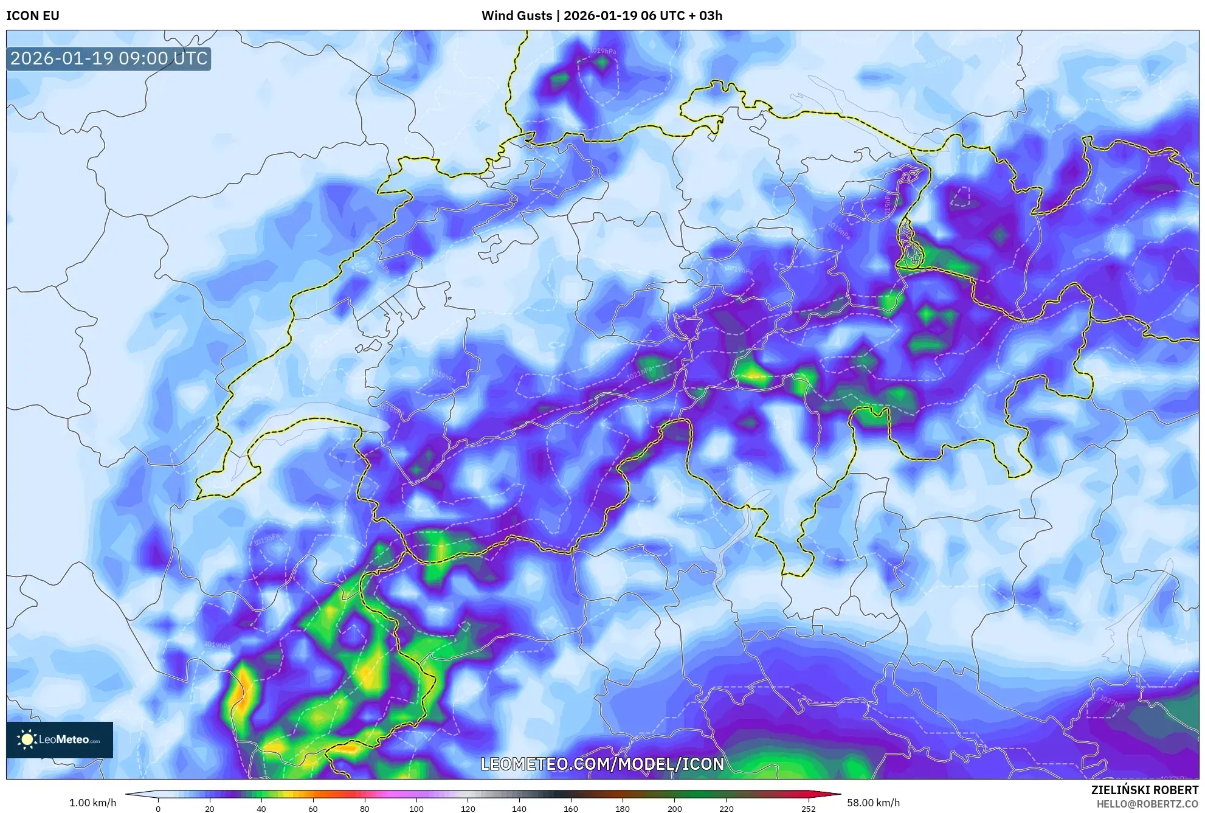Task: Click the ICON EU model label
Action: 33,16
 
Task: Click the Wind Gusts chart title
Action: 601,16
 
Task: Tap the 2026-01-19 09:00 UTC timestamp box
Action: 109,59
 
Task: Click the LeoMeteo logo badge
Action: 60,739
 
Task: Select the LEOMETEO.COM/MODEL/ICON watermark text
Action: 602,764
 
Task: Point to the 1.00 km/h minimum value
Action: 92,803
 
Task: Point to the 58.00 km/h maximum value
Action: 873,803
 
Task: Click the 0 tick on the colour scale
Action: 158,809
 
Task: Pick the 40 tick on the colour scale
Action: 261,809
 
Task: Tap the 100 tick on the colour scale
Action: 416,809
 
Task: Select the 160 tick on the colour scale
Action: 571,809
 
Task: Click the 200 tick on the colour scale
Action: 674,809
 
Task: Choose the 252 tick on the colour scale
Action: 809,809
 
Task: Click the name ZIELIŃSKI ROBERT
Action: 1145,790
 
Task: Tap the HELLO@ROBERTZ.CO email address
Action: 1147,804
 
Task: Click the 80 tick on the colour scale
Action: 364,809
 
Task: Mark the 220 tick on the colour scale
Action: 726,809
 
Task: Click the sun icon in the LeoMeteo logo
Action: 27,739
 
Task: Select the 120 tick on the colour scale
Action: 468,809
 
